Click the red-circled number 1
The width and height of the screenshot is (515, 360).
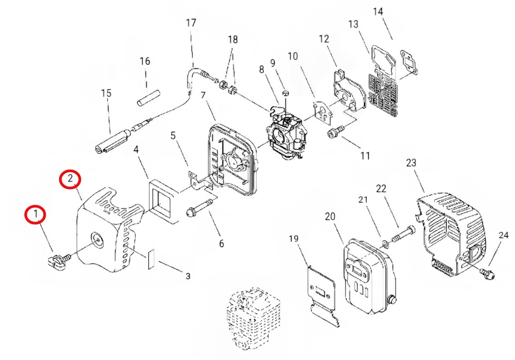point(35,215)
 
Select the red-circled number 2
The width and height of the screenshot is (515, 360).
point(70,179)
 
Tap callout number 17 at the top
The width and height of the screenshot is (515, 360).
point(191,23)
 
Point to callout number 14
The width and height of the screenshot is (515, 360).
point(378,11)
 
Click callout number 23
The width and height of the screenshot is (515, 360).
point(411,163)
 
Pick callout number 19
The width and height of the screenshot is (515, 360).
point(294,239)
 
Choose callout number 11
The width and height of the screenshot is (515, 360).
point(365,156)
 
